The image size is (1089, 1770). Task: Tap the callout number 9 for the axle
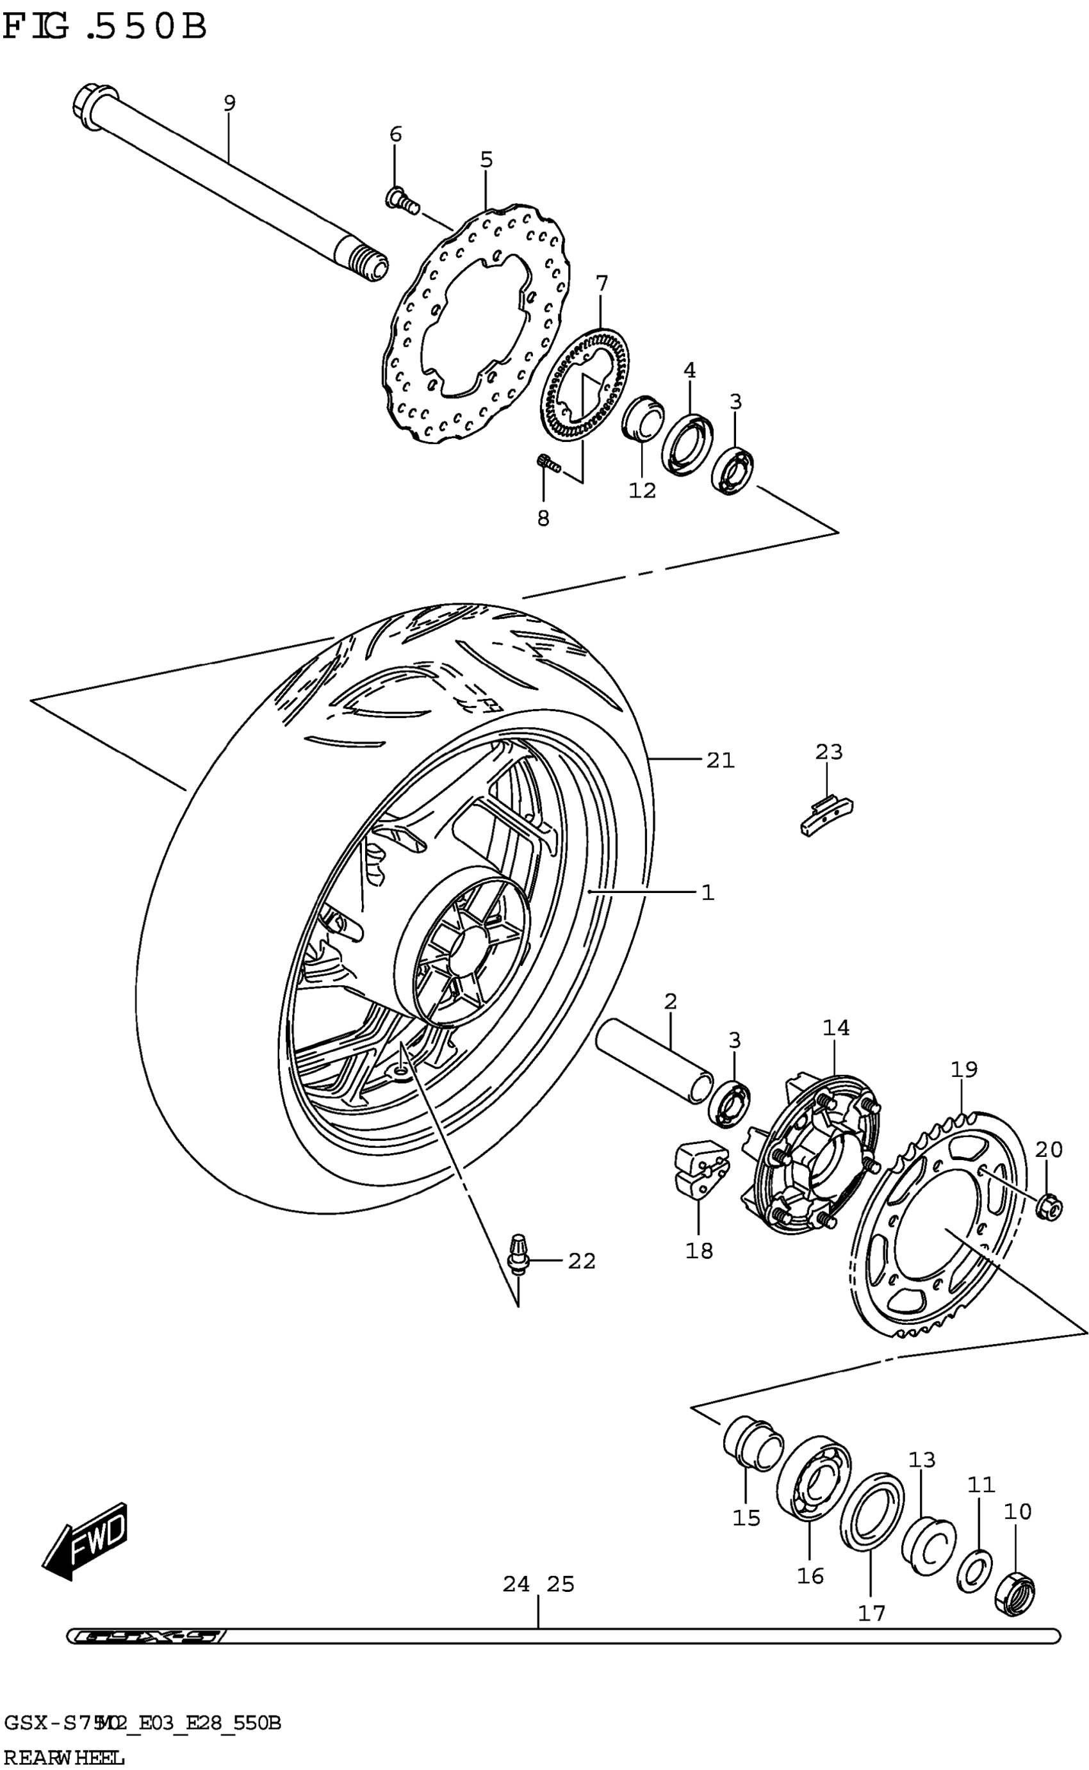[x=229, y=103]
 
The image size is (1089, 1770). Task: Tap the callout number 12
[x=643, y=491]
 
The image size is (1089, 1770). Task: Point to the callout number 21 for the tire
[x=719, y=760]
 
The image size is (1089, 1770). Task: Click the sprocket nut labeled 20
[x=1048, y=1206]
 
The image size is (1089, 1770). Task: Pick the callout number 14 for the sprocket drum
[x=835, y=1028]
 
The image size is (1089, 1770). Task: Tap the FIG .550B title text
[x=104, y=28]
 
